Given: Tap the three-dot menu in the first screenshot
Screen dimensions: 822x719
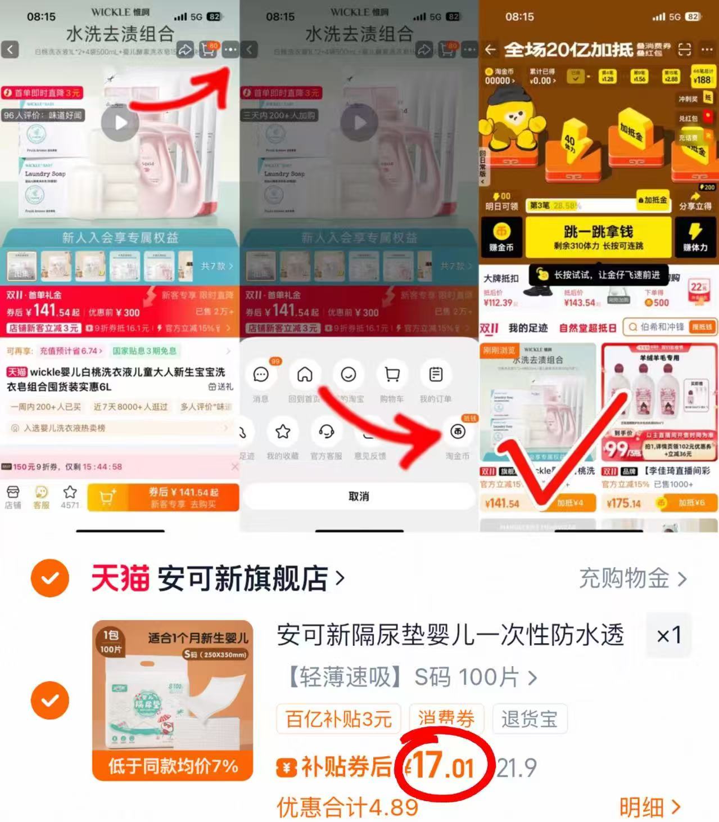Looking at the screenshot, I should (x=230, y=50).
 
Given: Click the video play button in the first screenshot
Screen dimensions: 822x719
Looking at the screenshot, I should (x=120, y=122).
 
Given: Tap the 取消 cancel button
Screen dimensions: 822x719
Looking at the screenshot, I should (x=359, y=496).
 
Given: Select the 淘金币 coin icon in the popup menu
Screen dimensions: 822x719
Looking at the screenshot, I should (x=458, y=432).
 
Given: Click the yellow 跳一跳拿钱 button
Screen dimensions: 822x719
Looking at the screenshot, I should (x=598, y=237).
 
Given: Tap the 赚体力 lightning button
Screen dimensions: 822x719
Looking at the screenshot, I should (x=695, y=237).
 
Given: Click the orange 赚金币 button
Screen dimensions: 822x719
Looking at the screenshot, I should (x=501, y=237).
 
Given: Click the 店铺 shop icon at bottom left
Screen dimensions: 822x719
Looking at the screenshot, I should (x=13, y=497).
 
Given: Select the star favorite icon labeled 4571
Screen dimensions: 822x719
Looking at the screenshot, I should (x=70, y=496).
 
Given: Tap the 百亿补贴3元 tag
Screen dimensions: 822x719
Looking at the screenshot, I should (x=338, y=719).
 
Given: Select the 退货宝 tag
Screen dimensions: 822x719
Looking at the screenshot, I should (x=529, y=719).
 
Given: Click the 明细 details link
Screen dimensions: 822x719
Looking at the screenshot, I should (x=649, y=807).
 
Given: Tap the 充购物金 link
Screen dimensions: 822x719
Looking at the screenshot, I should (x=632, y=578).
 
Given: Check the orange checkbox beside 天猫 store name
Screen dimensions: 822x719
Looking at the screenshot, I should (x=50, y=578).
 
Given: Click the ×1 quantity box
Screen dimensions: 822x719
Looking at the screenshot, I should (x=669, y=636).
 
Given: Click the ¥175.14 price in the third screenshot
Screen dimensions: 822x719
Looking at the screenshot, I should (x=624, y=503).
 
